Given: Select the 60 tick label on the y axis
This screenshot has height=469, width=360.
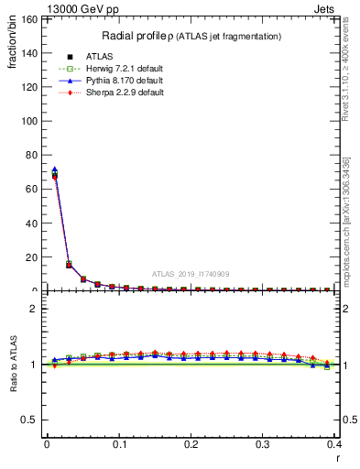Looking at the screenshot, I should point(32,189).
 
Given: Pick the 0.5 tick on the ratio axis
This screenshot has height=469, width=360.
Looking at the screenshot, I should point(31,420).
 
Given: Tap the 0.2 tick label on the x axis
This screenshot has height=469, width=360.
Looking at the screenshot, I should point(191,445).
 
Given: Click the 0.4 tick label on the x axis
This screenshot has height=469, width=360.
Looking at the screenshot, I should point(333,445).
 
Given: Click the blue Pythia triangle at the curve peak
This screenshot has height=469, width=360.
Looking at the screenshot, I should point(55,169).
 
